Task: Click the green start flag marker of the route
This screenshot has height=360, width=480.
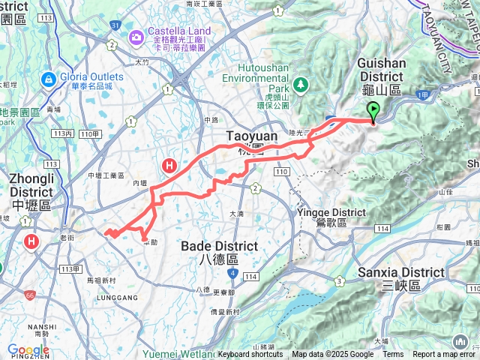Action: pos(373,112)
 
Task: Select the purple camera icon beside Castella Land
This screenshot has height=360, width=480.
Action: pos(136,36)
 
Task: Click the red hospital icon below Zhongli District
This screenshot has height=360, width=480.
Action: pos(31,241)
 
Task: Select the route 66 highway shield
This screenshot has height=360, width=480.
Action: pos(29,295)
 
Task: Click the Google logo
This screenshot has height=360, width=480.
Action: pos(28,350)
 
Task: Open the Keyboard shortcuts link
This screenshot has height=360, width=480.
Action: pos(250,355)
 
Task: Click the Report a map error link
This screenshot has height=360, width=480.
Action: pos(443,355)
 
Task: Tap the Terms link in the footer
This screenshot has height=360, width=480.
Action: pos(393,355)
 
